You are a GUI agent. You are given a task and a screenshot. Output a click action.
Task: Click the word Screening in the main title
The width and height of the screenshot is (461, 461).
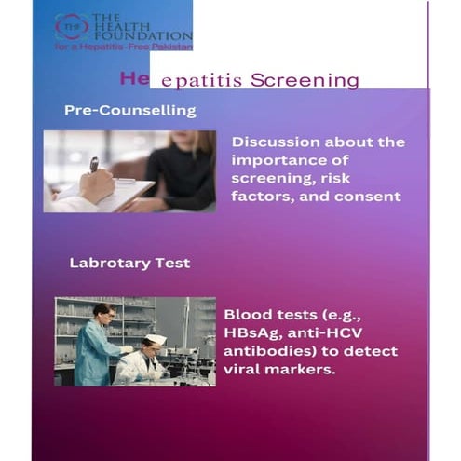pos(312,81)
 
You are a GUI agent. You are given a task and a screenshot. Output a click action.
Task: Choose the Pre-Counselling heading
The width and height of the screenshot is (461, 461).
pos(129,110)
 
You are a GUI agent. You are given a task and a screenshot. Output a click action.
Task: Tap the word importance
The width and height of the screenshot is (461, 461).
pos(277,160)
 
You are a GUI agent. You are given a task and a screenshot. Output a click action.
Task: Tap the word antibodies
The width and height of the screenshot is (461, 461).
pos(266,351)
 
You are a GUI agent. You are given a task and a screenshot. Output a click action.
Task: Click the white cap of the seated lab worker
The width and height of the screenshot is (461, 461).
pos(156,339)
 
